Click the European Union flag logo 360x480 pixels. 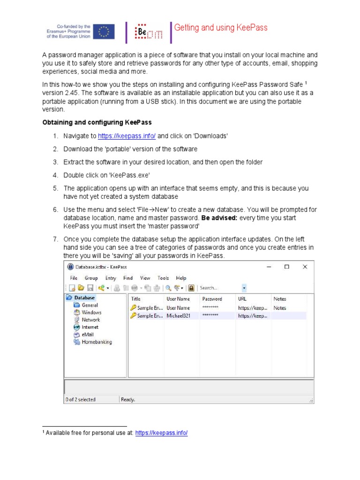click(x=103, y=31)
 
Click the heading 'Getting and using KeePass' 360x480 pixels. click(x=221, y=28)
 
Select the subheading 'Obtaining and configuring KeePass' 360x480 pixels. click(x=97, y=122)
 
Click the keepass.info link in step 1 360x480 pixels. click(x=127, y=136)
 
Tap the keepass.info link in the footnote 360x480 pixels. click(x=161, y=433)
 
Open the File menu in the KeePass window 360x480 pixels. click(x=74, y=278)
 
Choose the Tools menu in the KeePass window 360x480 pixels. click(x=163, y=278)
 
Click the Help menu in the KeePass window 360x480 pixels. click(x=181, y=278)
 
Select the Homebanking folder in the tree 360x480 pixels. click(x=97, y=342)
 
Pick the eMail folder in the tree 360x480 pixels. click(x=88, y=335)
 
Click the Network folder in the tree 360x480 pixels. click(x=90, y=320)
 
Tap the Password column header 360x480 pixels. click(x=212, y=299)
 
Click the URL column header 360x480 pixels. click(x=242, y=299)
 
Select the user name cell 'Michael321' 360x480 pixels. click(x=178, y=316)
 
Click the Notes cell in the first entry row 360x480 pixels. click(x=280, y=308)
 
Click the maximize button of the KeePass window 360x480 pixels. click(x=286, y=267)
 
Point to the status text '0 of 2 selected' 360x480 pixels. click(x=80, y=399)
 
